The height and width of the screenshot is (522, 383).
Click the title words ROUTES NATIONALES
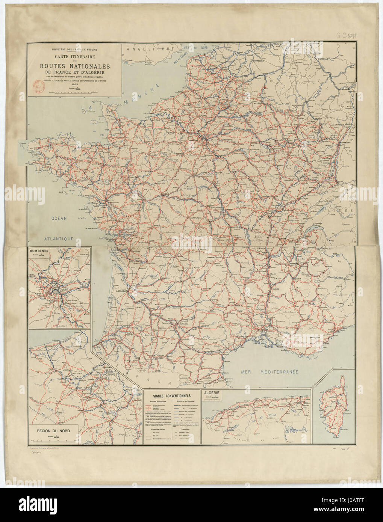(74, 66)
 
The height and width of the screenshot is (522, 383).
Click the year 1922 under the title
(74, 85)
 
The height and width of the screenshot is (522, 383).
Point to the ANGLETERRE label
(151, 49)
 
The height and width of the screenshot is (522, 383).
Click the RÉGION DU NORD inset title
(55, 431)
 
